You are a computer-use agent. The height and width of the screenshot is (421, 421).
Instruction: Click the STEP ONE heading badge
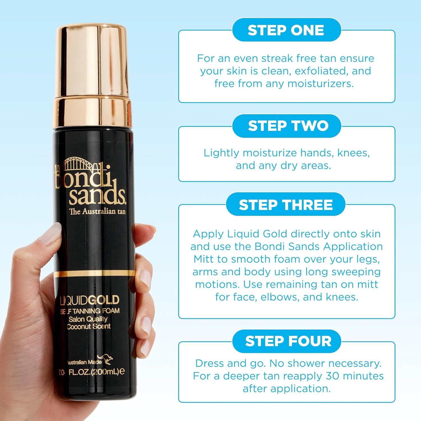tap(286, 30)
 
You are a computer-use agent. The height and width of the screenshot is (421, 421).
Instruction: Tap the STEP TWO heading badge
tap(288, 126)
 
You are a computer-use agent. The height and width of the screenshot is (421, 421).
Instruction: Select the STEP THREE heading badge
tap(286, 205)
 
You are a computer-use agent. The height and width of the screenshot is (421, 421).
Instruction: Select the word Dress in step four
tap(209, 363)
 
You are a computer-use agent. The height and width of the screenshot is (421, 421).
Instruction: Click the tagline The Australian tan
tap(97, 211)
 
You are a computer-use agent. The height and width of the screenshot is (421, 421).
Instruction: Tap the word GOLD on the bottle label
tap(104, 300)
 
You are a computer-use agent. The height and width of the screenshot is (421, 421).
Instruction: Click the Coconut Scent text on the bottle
tap(89, 326)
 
